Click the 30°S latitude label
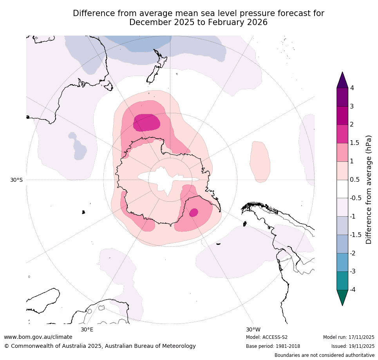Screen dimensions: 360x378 coord(16,180)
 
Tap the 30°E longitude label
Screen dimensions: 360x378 coord(87,329)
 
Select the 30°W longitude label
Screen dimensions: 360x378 coord(253,329)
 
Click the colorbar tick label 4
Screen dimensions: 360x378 coord(352,88)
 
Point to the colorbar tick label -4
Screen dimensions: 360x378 coord(354,289)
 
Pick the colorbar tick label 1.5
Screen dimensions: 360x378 coord(355,143)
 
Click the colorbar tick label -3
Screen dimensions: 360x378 coord(354,271)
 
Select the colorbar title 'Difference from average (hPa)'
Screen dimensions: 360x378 coord(369,190)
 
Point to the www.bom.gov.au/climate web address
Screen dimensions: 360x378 coord(38,337)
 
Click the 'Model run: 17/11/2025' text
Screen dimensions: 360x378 coord(349,337)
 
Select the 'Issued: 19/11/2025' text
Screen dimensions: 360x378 coord(353,346)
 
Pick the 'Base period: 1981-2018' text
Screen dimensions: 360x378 coord(273,346)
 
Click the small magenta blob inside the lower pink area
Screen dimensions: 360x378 coord(194,212)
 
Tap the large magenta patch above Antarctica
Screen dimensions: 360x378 coord(146,123)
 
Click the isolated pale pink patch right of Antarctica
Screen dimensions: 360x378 coord(260,161)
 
